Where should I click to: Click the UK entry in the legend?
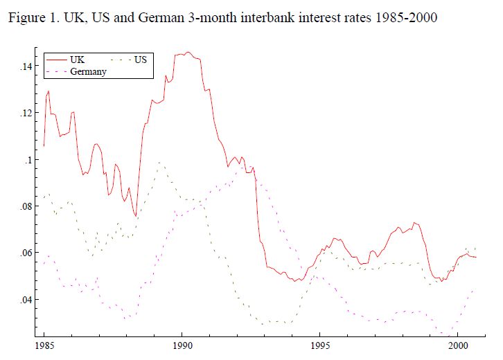77,60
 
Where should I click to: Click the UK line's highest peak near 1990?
188,52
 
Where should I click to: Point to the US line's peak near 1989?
160,163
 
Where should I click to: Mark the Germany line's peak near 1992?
241,166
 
